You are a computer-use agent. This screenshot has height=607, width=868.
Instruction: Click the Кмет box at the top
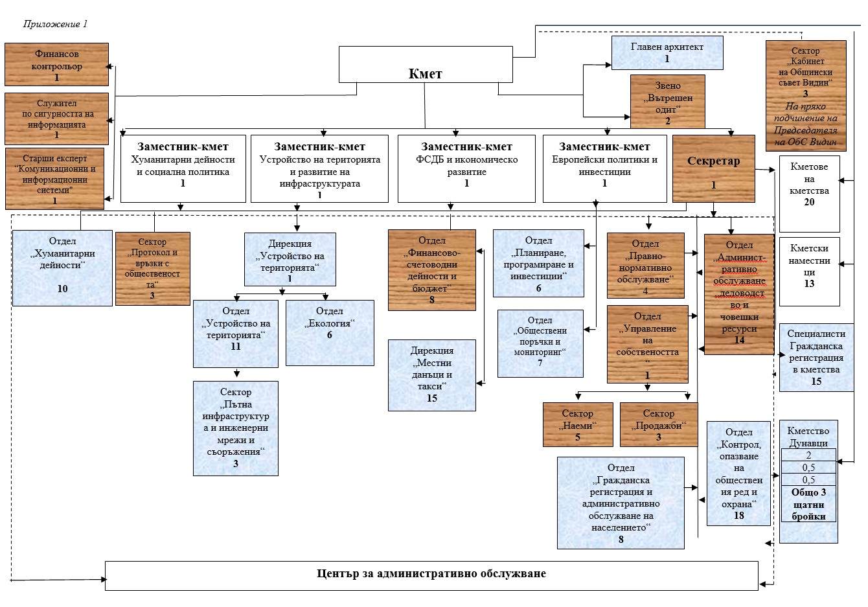(x=425, y=73)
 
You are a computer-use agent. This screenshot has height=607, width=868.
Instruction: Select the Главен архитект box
(x=667, y=52)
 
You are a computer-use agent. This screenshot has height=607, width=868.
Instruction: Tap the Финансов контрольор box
(x=56, y=64)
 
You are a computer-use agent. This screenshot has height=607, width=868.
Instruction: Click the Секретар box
(x=713, y=168)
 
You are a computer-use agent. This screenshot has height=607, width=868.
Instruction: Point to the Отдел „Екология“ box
(x=330, y=332)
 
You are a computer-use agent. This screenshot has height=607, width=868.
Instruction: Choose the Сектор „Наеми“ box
(x=577, y=424)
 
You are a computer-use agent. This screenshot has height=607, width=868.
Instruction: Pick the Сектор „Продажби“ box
(x=658, y=424)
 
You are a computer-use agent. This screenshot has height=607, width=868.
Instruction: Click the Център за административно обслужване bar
(x=431, y=575)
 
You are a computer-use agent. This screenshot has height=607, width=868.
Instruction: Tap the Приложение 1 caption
(x=55, y=24)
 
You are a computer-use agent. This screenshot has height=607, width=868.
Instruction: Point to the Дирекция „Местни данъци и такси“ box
(x=431, y=375)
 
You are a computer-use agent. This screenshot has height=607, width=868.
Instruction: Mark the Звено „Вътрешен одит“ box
(x=667, y=102)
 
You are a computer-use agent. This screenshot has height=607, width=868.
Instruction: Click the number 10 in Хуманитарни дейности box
(x=62, y=288)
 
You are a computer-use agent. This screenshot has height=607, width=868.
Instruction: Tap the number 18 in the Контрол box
(x=738, y=516)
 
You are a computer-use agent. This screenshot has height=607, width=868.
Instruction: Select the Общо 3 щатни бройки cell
(x=808, y=504)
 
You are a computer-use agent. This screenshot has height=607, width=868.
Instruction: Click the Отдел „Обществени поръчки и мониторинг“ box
(x=540, y=343)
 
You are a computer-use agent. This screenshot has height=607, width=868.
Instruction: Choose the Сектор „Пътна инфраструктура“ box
(x=235, y=428)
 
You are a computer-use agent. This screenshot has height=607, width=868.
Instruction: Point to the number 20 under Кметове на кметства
(x=809, y=202)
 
